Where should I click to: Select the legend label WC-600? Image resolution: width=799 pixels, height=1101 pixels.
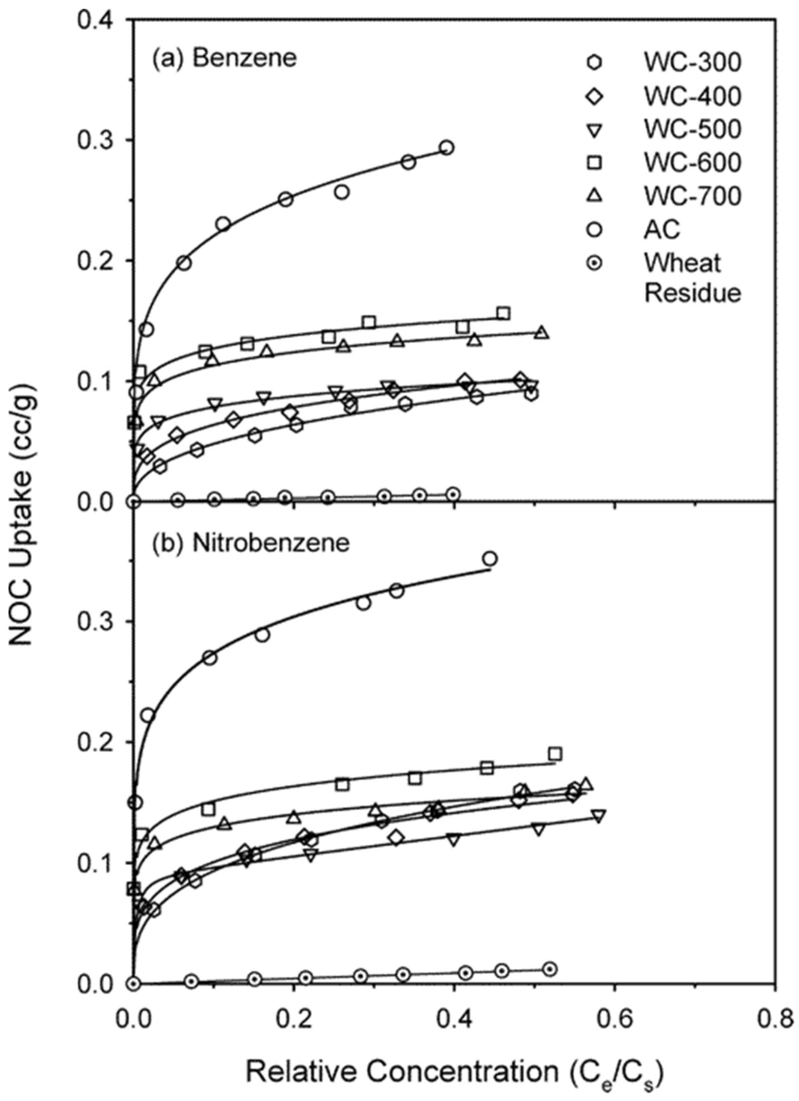tap(692, 163)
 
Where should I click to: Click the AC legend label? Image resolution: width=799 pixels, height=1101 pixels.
tap(662, 229)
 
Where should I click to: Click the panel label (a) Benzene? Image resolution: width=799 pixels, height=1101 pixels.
tap(224, 59)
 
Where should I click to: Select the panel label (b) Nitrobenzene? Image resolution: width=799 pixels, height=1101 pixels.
tap(250, 543)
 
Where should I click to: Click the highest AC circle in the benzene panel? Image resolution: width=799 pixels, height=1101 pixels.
tap(447, 147)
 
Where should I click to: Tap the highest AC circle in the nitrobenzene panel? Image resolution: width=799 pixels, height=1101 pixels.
tap(490, 559)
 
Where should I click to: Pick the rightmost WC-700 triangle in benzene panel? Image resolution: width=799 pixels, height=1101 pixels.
tap(542, 333)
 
